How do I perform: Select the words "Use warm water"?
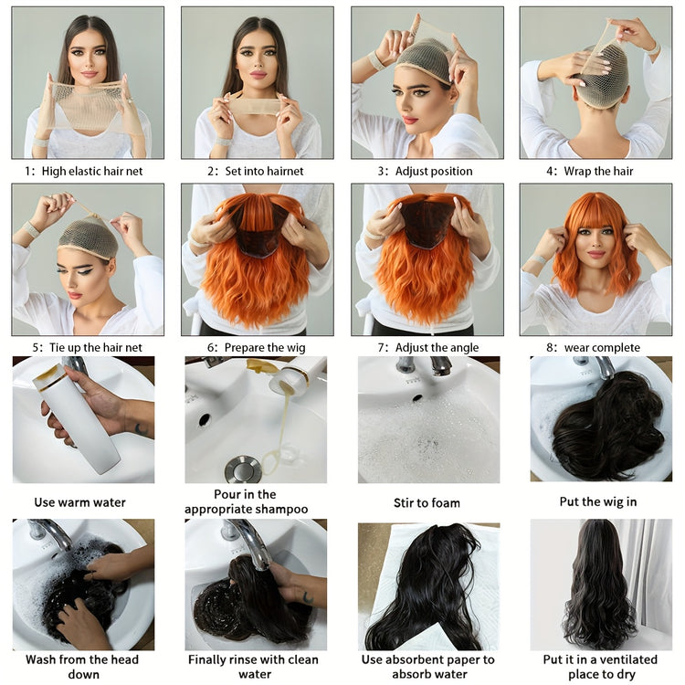(x=79, y=502)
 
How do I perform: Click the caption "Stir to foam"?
(x=427, y=502)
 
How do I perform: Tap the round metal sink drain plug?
(x=243, y=470)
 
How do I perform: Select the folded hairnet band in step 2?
(x=255, y=106)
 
